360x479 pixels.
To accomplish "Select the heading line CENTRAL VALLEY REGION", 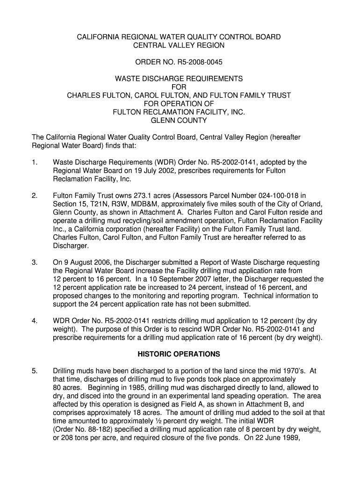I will [x=179, y=45].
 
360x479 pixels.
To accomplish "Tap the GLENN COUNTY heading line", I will [x=179, y=120].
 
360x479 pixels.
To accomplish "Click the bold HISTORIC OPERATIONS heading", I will [x=179, y=354].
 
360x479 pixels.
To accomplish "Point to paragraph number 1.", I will [x=34, y=162].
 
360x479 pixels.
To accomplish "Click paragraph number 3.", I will [x=34, y=262].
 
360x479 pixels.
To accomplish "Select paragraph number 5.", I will [x=34, y=371].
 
